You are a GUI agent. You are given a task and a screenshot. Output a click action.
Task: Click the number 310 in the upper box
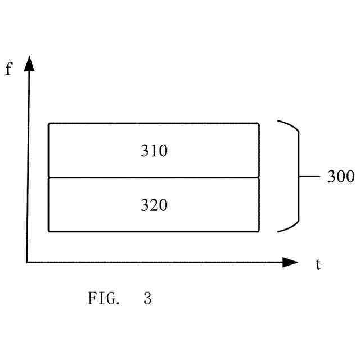click(154, 151)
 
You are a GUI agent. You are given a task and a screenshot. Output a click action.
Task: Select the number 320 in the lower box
click(154, 205)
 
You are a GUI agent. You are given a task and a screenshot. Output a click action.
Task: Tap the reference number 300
click(340, 177)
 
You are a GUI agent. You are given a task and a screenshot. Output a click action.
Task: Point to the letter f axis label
click(8, 70)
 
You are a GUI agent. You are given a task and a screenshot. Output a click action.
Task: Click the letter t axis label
click(318, 264)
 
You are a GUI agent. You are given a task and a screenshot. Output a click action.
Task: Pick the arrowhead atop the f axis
click(29, 64)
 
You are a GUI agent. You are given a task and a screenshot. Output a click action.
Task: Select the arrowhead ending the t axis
click(290, 262)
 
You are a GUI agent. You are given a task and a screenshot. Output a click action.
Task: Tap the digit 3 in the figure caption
click(147, 298)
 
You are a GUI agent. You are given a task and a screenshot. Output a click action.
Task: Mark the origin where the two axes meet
click(27, 262)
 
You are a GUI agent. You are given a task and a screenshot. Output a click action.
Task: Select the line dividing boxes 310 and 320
click(154, 178)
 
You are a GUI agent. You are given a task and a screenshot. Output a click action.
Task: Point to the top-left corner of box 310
click(49, 123)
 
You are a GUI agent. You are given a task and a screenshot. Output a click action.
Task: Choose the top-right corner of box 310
click(259, 123)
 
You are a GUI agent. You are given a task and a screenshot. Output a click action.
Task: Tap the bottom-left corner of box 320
click(49, 231)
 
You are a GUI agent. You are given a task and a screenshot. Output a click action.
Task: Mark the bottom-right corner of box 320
click(259, 231)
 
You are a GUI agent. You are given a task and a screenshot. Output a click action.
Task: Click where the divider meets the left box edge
click(49, 178)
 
